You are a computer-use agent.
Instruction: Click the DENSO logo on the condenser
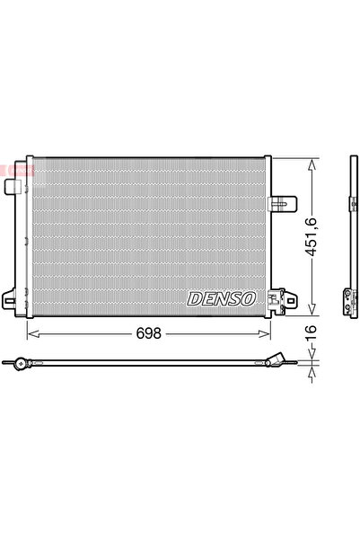(221, 297)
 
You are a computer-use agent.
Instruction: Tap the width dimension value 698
(148, 332)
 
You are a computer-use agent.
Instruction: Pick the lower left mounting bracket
(13, 300)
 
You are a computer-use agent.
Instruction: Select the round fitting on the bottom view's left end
(18, 364)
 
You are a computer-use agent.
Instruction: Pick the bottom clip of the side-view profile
(348, 302)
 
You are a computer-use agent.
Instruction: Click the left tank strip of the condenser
(28, 238)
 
